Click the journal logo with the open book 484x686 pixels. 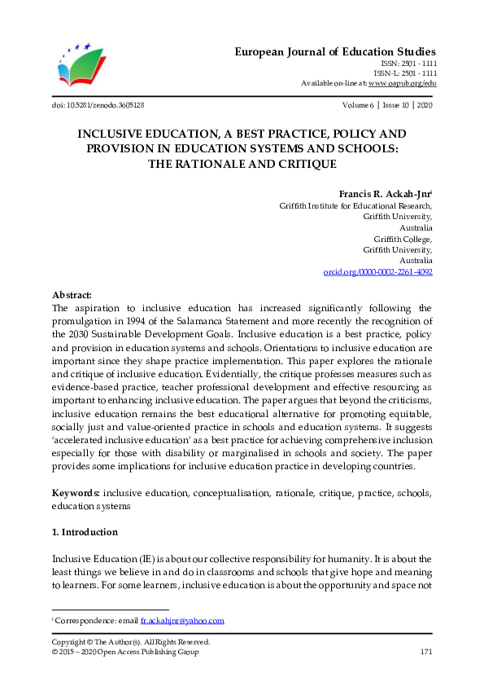pos(82,64)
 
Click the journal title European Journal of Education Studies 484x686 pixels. pos(335,51)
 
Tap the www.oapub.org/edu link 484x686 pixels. pos(402,83)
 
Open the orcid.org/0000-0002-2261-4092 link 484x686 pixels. pos(378,271)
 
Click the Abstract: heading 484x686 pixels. pos(72,295)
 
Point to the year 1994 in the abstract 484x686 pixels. pos(133,321)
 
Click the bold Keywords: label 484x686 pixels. pos(76,493)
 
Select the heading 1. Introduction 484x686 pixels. pos(85,532)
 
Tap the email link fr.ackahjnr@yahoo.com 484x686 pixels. pos(182,621)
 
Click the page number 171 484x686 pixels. pos(425,653)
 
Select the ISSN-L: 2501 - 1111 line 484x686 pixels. pos(409,73)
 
